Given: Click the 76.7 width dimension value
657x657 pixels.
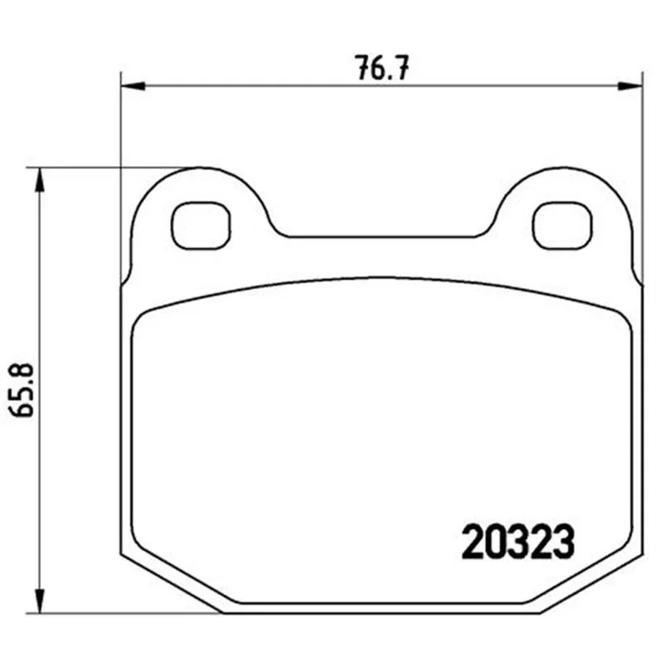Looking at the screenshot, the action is click(x=383, y=68).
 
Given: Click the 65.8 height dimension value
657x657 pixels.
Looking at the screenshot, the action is click(x=22, y=391).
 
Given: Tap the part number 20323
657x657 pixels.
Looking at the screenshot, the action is click(x=518, y=542).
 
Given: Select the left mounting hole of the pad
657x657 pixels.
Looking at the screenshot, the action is click(x=200, y=225).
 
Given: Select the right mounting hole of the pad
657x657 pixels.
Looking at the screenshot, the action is click(x=563, y=225).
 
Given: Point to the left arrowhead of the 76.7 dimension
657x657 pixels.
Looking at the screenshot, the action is click(x=132, y=86).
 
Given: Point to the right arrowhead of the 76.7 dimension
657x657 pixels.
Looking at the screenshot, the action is click(x=631, y=86).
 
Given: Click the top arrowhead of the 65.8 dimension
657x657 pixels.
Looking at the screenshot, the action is click(x=39, y=180).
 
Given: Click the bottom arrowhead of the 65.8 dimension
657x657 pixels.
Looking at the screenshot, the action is click(x=39, y=601).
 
